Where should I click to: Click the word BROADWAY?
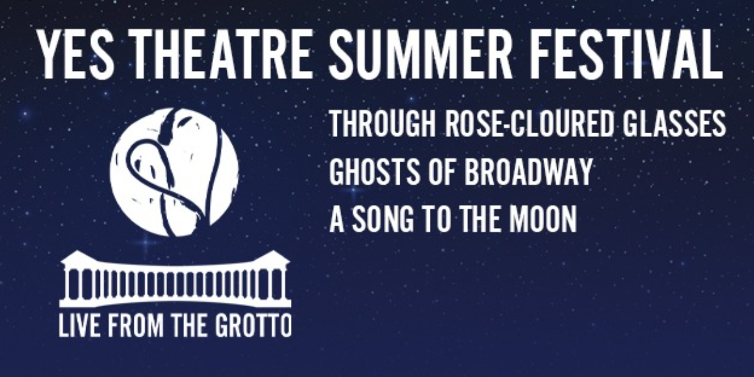[528, 171]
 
